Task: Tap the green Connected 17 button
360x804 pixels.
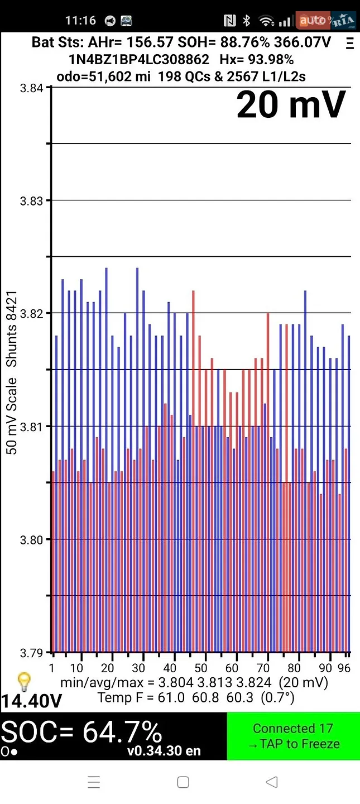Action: [294, 736]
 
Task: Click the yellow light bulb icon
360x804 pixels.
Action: [24, 682]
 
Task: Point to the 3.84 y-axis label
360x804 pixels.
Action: [31, 88]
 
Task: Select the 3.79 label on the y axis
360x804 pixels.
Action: [31, 653]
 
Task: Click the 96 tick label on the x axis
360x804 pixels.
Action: [344, 668]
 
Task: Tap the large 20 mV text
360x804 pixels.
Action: [291, 104]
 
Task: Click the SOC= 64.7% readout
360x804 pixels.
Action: [81, 732]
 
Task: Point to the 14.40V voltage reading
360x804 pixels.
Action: [31, 701]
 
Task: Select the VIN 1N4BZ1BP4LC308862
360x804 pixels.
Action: [138, 59]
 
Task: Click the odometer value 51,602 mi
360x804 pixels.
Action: [119, 76]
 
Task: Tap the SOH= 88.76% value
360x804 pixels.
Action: [224, 42]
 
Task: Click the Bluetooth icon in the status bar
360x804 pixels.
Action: [246, 21]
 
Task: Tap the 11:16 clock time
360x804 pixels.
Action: [80, 21]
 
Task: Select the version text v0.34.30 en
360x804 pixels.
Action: [164, 750]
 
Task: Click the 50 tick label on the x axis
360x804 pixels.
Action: [200, 668]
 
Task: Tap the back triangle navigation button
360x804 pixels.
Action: [272, 782]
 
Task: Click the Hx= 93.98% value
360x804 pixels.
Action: [257, 59]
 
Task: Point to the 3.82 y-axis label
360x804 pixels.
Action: [31, 314]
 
